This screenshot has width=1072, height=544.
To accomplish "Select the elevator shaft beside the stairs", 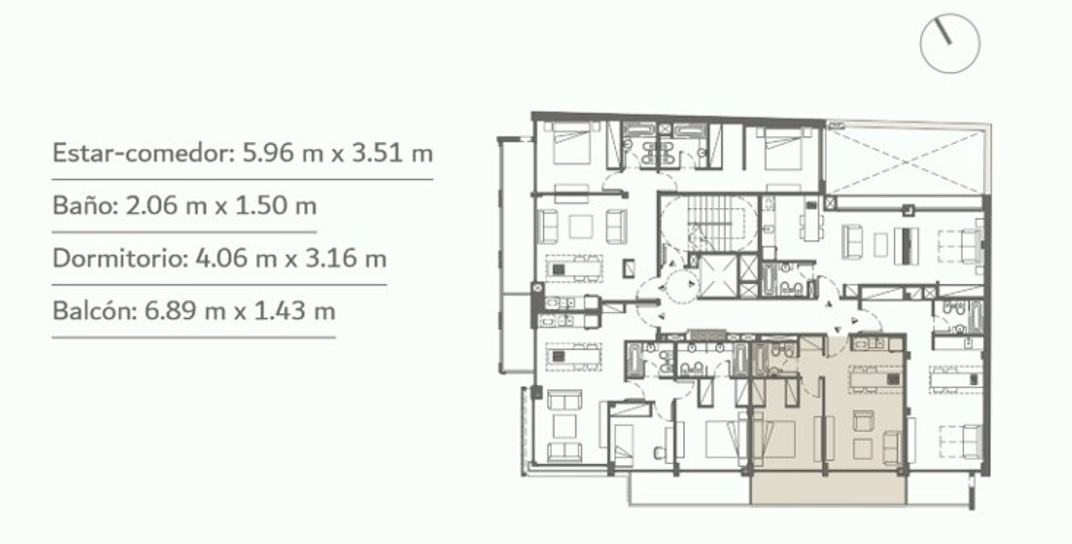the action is point(717,276).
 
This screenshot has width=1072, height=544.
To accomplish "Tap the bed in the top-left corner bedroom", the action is point(571,144).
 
